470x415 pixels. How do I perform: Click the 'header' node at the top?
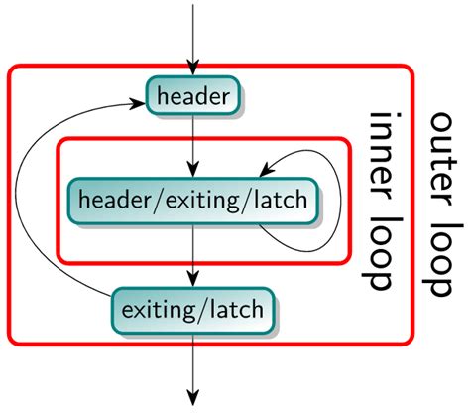click(x=193, y=96)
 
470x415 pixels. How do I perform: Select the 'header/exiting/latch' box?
click(x=193, y=201)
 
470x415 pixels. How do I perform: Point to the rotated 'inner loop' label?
click(x=384, y=203)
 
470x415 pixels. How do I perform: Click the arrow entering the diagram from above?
click(x=193, y=35)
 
